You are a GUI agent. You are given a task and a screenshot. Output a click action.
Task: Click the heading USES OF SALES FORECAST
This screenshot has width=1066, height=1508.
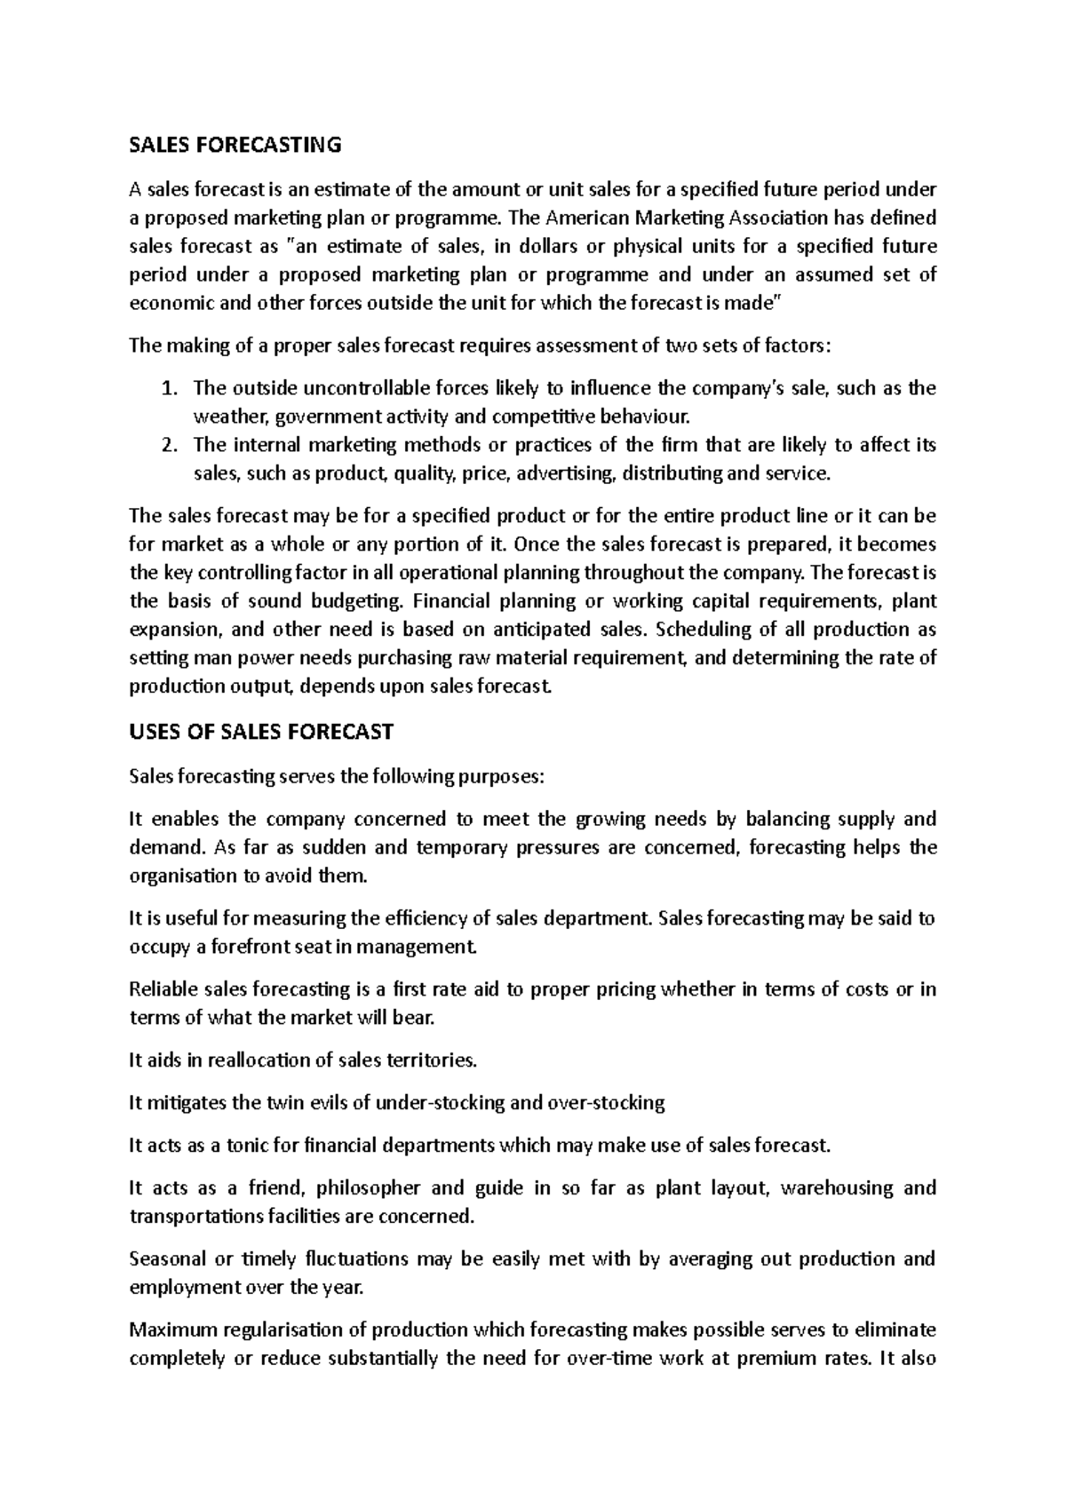[x=260, y=733]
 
